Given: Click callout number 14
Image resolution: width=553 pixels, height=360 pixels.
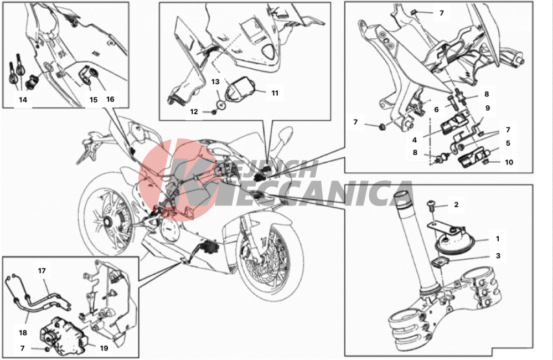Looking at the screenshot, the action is tap(23, 100).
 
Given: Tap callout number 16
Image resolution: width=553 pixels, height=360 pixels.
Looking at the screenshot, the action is tap(110, 99).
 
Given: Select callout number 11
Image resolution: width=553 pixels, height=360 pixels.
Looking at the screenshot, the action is tap(275, 93).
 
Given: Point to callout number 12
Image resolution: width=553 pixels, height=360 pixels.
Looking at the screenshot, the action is tap(194, 112).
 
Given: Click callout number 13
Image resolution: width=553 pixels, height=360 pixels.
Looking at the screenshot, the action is tap(215, 82).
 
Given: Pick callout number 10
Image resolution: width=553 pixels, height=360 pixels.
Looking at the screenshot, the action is tap(509, 162).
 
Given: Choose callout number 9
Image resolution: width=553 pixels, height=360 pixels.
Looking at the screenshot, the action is tap(488, 108).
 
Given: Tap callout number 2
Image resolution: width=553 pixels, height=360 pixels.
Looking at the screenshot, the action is tap(456, 205).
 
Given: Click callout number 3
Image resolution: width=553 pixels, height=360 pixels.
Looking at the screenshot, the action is tap(498, 255).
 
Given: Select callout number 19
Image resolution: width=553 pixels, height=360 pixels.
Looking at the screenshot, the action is tap(104, 348).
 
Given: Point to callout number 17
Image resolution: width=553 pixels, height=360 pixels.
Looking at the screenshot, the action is tap(42, 271).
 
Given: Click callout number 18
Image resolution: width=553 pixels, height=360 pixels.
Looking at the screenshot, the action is tap(23, 332).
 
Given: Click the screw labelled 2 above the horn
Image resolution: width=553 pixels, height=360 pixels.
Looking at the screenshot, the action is tap(431, 206).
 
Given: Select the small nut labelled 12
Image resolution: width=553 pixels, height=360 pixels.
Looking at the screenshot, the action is tap(213, 112).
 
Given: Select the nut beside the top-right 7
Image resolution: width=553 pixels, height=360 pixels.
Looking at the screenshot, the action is tap(414, 13).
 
